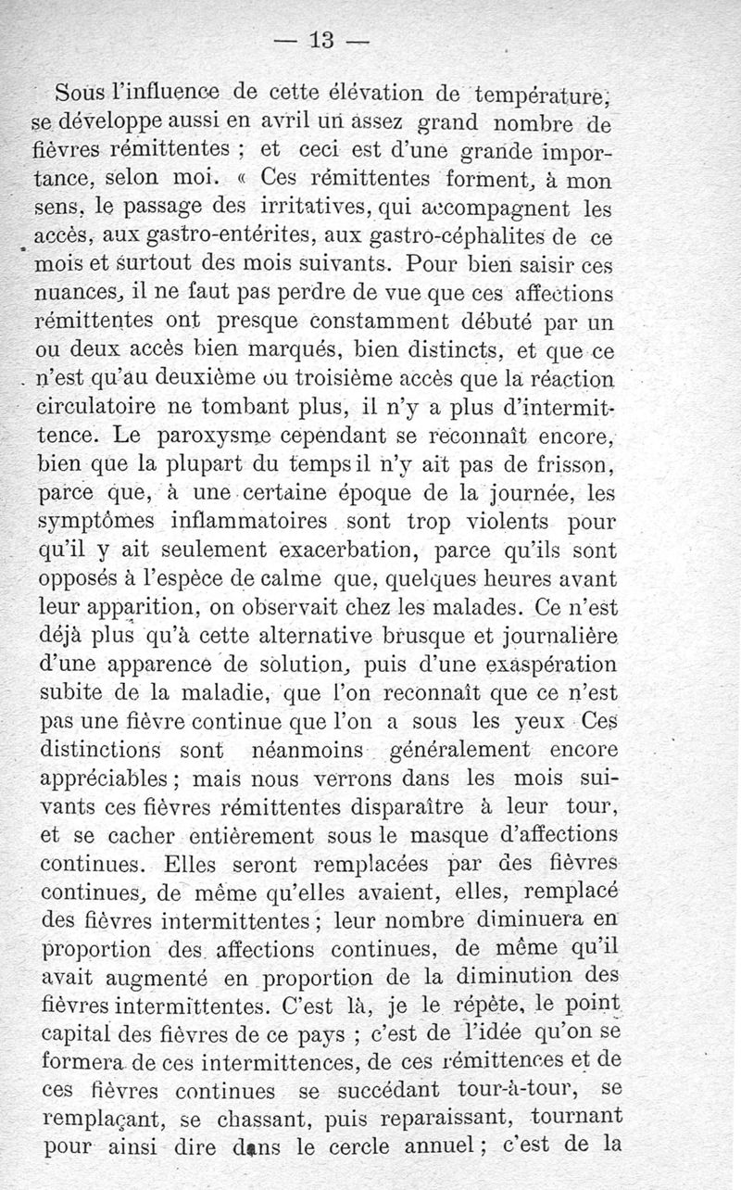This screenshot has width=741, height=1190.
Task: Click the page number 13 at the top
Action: tap(322, 40)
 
